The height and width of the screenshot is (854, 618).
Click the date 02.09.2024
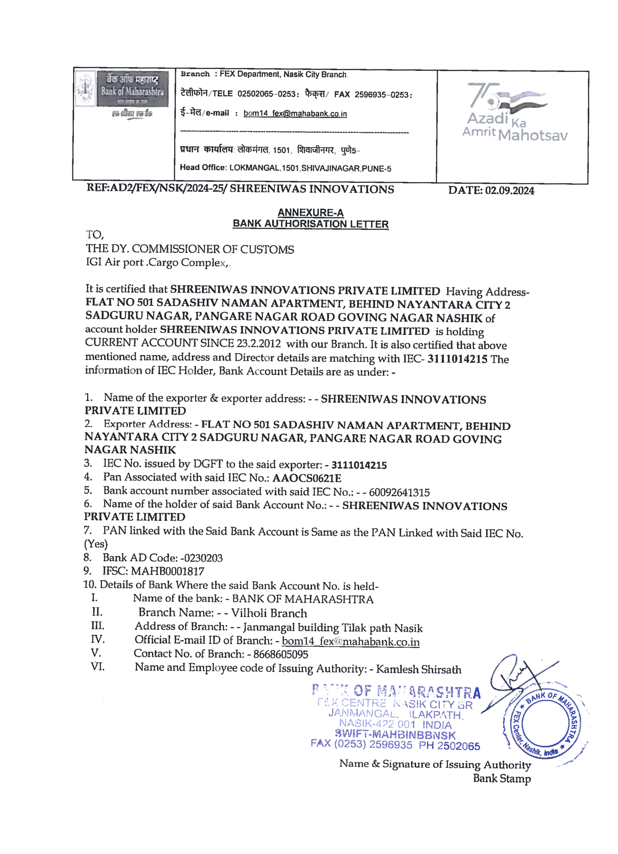tap(509, 191)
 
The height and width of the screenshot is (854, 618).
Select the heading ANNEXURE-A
tap(310, 213)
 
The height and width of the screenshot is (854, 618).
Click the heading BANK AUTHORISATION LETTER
tap(310, 224)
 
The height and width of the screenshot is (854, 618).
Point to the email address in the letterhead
tap(295, 114)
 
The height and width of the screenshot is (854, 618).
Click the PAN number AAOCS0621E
tap(307, 478)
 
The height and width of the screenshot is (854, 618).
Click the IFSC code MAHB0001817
tap(168, 571)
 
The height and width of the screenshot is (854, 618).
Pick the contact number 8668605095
tap(280, 655)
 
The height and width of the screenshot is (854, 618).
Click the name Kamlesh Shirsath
tap(419, 669)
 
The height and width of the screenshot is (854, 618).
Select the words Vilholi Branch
tap(269, 613)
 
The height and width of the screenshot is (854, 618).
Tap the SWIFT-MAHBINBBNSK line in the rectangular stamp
tap(395, 735)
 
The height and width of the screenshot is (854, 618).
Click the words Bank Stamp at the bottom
tap(501, 779)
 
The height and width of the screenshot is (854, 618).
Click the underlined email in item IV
tap(350, 641)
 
